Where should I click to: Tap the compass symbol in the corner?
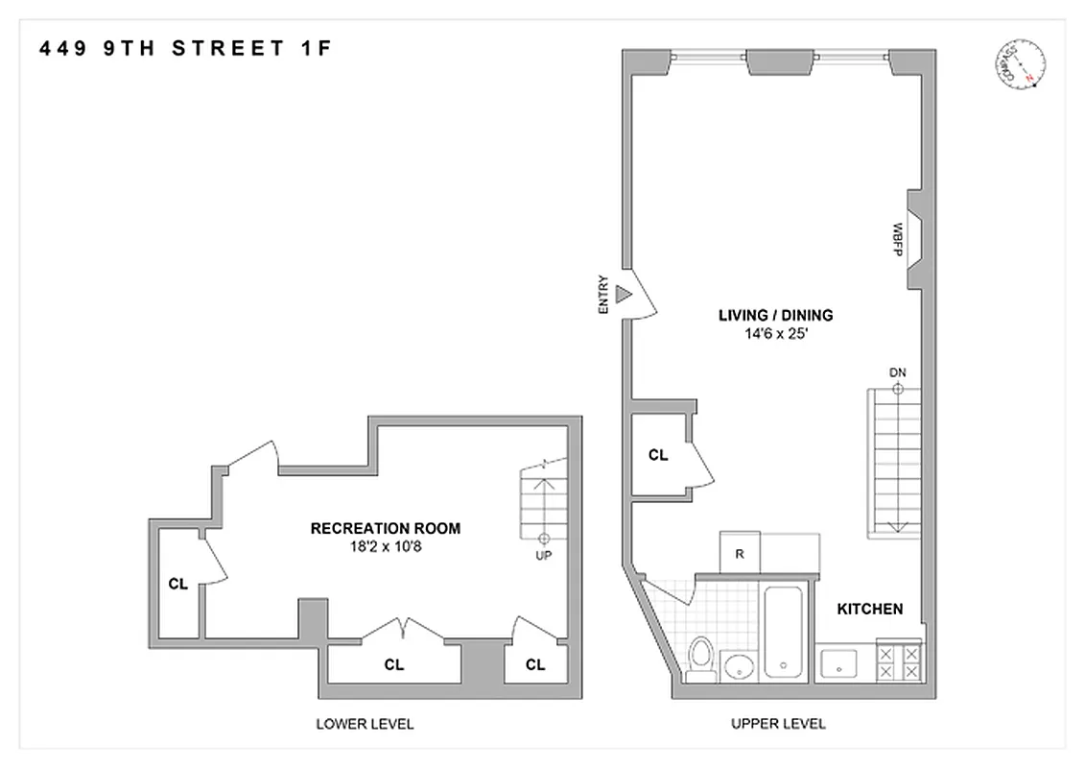coord(1019,64)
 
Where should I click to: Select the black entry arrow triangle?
coord(623,295)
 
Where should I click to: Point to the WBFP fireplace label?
coord(898,238)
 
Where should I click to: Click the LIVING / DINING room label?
coord(776,315)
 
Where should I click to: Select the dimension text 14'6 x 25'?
coord(776,333)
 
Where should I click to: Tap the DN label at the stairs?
coord(898,372)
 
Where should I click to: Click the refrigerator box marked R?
coord(740,554)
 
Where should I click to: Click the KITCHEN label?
coord(869,609)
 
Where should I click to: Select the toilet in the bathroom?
coord(701,661)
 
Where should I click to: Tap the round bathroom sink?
coord(738,665)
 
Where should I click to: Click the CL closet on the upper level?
coord(658,455)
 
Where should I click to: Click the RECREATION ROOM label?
coord(385,528)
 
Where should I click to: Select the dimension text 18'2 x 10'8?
coord(385,546)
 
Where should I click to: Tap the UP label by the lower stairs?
coord(544,555)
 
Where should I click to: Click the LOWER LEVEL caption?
coord(365,724)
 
